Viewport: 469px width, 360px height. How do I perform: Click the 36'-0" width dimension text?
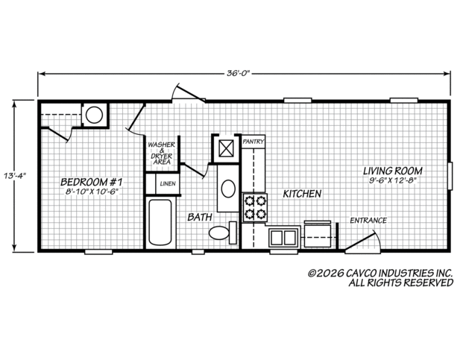tap(238, 73)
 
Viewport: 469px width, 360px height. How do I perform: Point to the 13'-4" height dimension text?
tap(15, 175)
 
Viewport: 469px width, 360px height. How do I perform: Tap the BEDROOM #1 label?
tap(92, 182)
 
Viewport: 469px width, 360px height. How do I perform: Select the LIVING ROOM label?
tap(393, 171)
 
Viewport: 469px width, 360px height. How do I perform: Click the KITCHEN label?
tap(302, 194)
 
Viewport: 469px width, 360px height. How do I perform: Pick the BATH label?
tap(200, 217)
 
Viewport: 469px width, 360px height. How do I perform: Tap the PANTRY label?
tap(254, 141)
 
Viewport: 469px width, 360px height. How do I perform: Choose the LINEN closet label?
tap(168, 183)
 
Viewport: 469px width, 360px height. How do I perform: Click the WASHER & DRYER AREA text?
tap(162, 153)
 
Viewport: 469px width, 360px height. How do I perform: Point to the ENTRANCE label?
tap(368, 221)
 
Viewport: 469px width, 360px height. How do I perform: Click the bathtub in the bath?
tap(160, 221)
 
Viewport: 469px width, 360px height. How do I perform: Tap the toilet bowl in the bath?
tap(218, 233)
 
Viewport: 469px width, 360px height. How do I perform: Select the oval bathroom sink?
tap(228, 189)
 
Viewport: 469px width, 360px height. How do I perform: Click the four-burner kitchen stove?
tap(255, 207)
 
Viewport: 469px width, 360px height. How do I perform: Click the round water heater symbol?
tap(94, 115)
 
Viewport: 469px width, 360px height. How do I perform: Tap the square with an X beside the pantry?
tap(226, 148)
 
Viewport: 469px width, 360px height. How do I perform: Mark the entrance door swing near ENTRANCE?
tap(363, 241)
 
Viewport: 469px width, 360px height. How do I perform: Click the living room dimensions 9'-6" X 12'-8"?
tap(393, 180)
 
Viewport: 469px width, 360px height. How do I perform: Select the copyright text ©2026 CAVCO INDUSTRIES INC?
tap(380, 273)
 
